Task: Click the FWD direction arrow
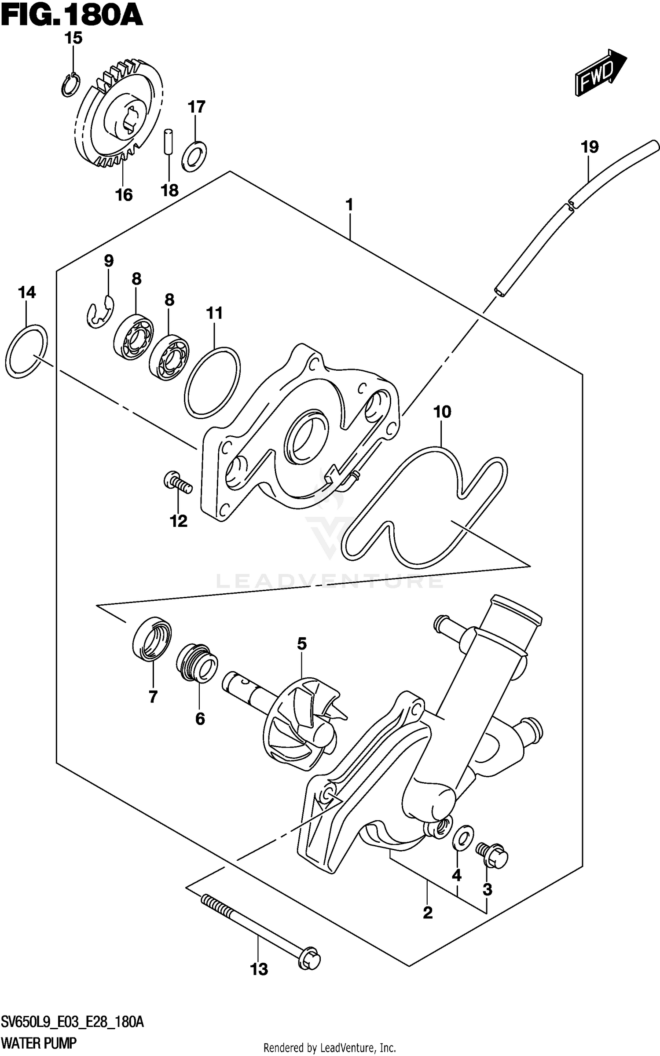point(600,73)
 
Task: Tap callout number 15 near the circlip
point(73,39)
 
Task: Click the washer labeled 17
point(194,156)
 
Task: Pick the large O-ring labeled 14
point(26,351)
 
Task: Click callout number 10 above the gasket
point(442,412)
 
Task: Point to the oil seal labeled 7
point(152,638)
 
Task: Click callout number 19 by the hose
point(590,147)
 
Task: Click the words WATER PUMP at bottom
point(39,1030)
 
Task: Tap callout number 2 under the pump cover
point(427,913)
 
